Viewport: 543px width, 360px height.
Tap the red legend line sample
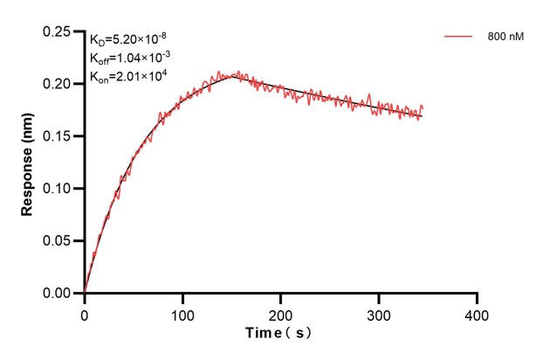point(459,38)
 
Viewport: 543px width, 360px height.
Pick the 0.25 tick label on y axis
point(58,31)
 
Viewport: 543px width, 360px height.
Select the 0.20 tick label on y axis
point(58,84)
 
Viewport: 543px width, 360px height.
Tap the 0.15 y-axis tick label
point(58,136)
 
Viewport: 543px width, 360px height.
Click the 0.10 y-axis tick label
point(58,189)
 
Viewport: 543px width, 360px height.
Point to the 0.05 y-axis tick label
point(58,241)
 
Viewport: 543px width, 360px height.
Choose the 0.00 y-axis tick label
point(58,294)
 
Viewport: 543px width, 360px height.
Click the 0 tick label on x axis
point(85,312)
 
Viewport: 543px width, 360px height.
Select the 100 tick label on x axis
point(182,312)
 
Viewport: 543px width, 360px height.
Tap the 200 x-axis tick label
point(280,312)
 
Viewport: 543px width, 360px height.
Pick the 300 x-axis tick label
point(379,312)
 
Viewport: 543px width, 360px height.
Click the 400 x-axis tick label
point(477,312)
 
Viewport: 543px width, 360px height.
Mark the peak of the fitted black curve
point(232,77)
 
